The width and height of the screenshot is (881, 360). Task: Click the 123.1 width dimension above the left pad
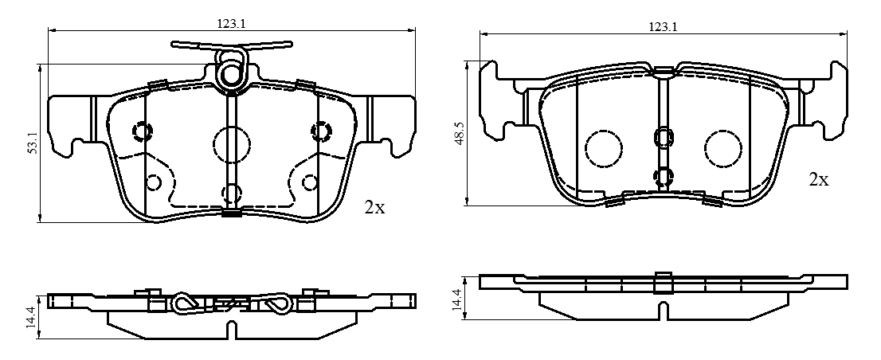coord(232,24)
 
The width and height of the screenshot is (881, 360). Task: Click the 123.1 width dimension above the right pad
coord(663,26)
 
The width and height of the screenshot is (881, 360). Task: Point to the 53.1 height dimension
coord(33,143)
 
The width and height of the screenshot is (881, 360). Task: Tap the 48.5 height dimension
coord(460,135)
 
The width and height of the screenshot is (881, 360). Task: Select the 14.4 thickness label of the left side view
coord(33,316)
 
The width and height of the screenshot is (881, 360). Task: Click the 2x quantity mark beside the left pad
coord(374,208)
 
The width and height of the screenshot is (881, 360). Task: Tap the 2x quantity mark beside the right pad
coord(819,180)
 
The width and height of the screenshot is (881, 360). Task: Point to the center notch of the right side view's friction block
coord(664,310)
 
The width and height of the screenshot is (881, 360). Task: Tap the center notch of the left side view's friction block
coord(232,331)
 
